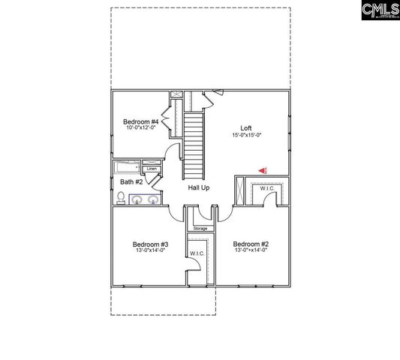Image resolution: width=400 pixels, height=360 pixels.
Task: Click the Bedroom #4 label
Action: pyautogui.click(x=140, y=121)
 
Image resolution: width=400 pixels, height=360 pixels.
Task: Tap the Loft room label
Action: pyautogui.click(x=245, y=127)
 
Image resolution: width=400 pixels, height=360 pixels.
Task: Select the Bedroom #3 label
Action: pyautogui.click(x=150, y=244)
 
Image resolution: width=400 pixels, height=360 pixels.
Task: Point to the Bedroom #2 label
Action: pyautogui.click(x=251, y=244)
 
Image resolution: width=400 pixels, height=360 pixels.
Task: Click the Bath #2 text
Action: pyautogui.click(x=131, y=181)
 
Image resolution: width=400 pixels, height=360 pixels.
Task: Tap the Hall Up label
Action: pyautogui.click(x=198, y=187)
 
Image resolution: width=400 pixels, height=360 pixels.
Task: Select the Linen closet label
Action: pyautogui.click(x=152, y=169)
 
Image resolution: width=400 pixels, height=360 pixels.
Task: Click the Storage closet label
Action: pyautogui.click(x=200, y=228)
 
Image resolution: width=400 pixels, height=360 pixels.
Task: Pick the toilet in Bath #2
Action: pyautogui.click(x=121, y=198)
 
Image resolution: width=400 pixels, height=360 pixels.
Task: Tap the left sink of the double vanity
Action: pyautogui.click(x=139, y=199)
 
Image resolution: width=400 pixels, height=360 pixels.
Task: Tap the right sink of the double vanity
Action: pyautogui.click(x=153, y=199)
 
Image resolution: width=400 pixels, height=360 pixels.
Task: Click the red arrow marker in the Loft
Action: pyautogui.click(x=262, y=170)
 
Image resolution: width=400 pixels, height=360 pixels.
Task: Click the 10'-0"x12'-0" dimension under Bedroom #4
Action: pyautogui.click(x=140, y=129)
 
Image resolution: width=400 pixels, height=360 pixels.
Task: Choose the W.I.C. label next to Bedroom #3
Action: pyautogui.click(x=197, y=253)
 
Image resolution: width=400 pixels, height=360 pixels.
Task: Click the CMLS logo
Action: pyautogui.click(x=379, y=10)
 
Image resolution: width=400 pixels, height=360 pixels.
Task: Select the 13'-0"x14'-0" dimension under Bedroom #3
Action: pyautogui.click(x=150, y=250)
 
